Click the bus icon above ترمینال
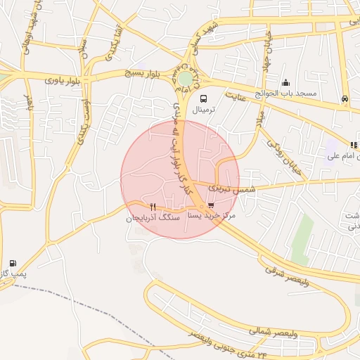pyautogui.click(x=203, y=98)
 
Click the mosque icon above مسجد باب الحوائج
pyautogui.click(x=285, y=82)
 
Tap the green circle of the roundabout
pyautogui.click(x=185, y=78)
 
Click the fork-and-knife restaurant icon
pyautogui.click(x=153, y=207)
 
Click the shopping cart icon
pyautogui.click(x=211, y=205)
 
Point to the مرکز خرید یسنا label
pyautogui.click(x=214, y=217)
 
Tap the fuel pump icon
pyautogui.click(x=13, y=262)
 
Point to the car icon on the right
pyautogui.click(x=345, y=98)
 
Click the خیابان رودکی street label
pyautogui.click(x=281, y=150)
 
